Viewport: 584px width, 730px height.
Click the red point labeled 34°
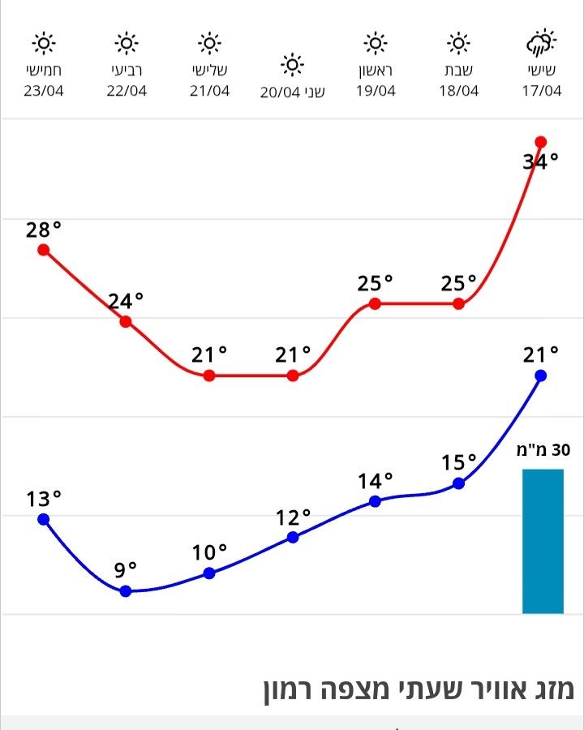[541, 142]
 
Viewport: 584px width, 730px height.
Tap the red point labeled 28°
[44, 250]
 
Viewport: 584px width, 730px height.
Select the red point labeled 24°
[126, 322]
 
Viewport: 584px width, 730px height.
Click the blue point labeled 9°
[126, 591]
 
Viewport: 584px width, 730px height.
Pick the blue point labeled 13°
[44, 519]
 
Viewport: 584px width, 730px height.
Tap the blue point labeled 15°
[458, 483]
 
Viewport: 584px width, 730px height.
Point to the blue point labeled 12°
[293, 537]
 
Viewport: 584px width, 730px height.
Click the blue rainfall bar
[542, 541]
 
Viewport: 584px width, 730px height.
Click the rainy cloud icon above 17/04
[541, 43]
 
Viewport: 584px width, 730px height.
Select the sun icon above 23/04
[44, 42]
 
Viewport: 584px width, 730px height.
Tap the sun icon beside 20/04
[293, 64]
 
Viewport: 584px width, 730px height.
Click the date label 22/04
[127, 90]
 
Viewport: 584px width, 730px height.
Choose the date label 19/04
[376, 90]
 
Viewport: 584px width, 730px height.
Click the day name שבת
[459, 71]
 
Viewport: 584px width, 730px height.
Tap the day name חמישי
[44, 71]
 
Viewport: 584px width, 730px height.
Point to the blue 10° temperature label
[209, 553]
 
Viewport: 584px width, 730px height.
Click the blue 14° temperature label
[375, 481]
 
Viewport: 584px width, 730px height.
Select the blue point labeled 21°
[541, 376]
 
